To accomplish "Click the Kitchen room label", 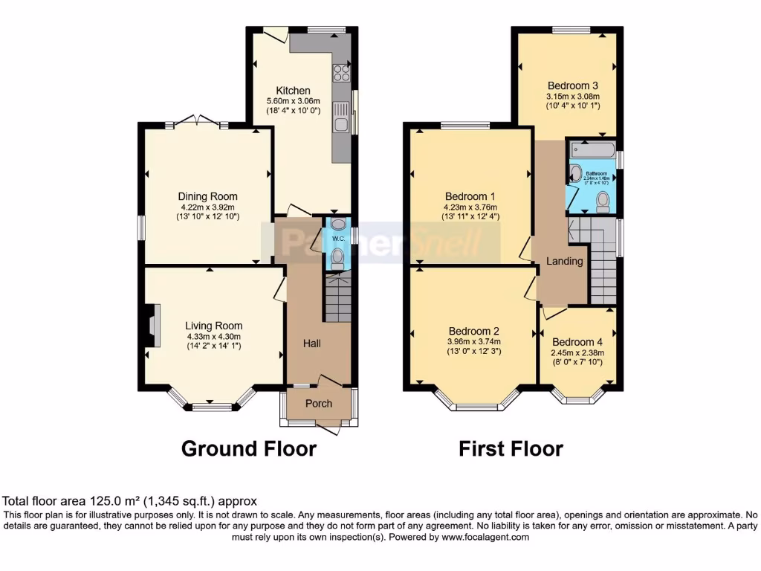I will pos(294,91).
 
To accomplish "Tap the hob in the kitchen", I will pos(341,73).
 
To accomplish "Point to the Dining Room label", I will pos(207,196).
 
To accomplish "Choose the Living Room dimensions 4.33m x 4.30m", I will pos(214,336).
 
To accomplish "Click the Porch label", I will pos(319,404).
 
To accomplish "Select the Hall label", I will pos(311,343).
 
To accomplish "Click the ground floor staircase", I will pos(338,297).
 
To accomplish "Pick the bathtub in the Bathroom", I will pos(592,152).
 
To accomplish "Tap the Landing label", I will pos(565,261).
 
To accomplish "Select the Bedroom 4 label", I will pos(577,342).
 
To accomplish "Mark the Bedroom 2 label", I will pos(473,331).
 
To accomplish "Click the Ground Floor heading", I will pos(249,449).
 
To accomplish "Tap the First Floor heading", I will pos(511,449).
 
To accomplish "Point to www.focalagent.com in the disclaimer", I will pos(485,537).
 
